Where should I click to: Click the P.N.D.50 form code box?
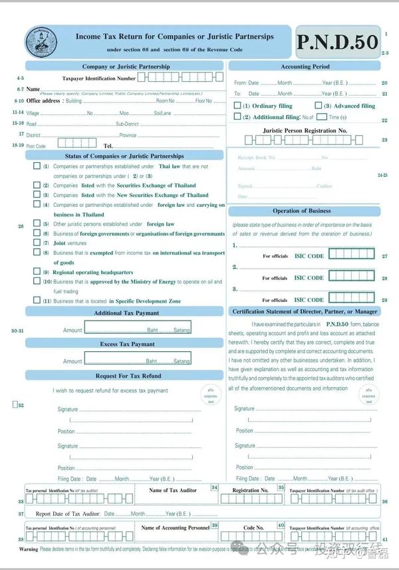click(x=337, y=43)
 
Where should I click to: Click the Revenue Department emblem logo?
click(x=41, y=43)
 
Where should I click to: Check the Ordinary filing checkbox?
click(x=237, y=105)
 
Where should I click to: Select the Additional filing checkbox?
click(x=237, y=116)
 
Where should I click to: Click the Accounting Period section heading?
click(x=305, y=67)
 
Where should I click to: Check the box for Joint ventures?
click(x=37, y=243)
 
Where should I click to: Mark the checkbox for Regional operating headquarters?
click(x=37, y=271)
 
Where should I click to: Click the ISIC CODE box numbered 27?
click(x=351, y=255)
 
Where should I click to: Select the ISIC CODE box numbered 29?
click(x=351, y=299)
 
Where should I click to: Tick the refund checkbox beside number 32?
click(x=15, y=404)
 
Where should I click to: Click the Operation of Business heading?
click(x=301, y=211)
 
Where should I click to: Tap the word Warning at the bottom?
click(x=29, y=549)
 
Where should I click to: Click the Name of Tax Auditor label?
click(x=173, y=490)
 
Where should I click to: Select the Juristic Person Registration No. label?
click(x=305, y=131)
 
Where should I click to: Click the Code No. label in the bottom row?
click(x=253, y=527)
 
